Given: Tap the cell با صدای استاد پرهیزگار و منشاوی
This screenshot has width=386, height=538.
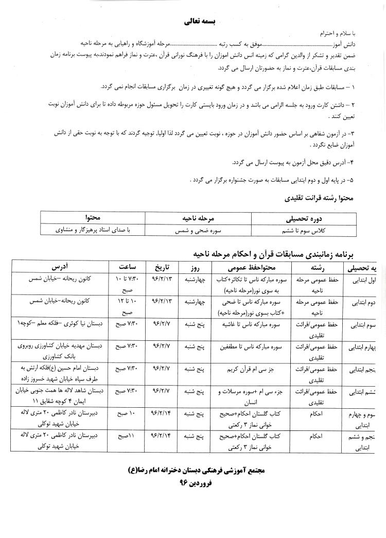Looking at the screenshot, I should [x=94, y=230].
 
